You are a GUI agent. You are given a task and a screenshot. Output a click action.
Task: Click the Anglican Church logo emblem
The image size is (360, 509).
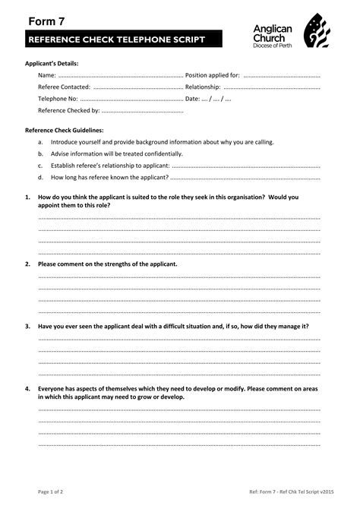pyautogui.click(x=317, y=34)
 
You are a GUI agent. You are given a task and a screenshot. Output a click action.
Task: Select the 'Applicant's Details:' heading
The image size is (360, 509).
pyautogui.click(x=52, y=64)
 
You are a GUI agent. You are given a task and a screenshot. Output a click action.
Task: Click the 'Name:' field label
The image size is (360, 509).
pyautogui.click(x=47, y=76)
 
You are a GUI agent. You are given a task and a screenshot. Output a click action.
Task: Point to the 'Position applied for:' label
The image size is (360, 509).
pyautogui.click(x=213, y=76)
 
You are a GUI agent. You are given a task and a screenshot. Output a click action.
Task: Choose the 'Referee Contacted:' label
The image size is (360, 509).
pyautogui.click(x=64, y=87)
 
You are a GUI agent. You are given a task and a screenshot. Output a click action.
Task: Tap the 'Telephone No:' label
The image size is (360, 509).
pyautogui.click(x=58, y=99)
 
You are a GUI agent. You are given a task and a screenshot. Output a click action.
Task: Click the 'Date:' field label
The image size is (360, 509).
pyautogui.click(x=193, y=99)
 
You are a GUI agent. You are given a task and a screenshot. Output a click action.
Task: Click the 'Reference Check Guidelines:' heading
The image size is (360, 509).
pyautogui.click(x=65, y=131)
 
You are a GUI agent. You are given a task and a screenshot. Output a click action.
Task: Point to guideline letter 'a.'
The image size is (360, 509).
pyautogui.click(x=40, y=142)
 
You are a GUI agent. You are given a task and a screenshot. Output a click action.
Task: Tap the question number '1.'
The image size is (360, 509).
pyautogui.click(x=27, y=197)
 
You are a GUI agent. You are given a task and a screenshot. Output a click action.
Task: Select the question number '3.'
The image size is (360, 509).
pyautogui.click(x=27, y=326)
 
